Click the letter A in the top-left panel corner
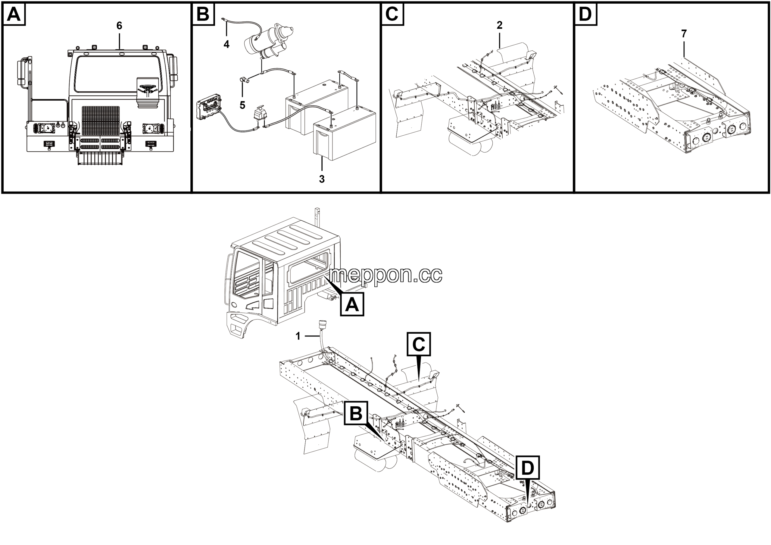[14, 14]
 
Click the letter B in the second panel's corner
[203, 14]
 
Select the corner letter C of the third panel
[392, 14]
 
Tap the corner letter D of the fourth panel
[585, 14]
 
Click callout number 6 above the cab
[119, 26]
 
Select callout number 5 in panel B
[242, 105]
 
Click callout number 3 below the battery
[322, 179]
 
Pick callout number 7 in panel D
[684, 33]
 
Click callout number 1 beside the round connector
[298, 336]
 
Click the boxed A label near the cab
[352, 304]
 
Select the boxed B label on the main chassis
[356, 413]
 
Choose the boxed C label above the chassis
[418, 344]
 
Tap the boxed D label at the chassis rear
[528, 468]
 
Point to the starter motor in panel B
[269, 42]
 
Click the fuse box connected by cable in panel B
[209, 106]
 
